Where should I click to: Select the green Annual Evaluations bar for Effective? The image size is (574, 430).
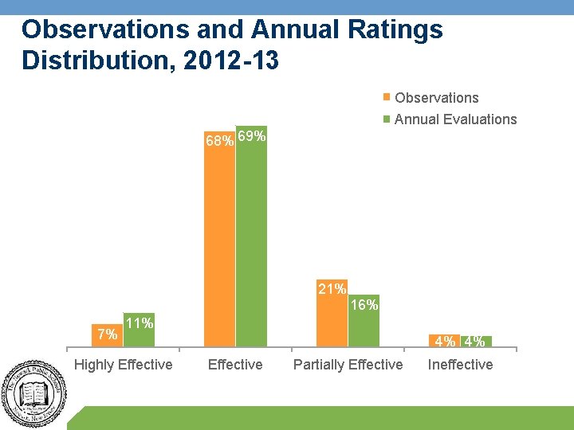251,239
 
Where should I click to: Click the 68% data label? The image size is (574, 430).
219,141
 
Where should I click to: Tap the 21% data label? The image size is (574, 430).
332,289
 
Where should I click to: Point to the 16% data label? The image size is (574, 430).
364,305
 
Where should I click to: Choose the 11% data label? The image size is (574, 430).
140,322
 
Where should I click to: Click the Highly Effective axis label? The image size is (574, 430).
123,365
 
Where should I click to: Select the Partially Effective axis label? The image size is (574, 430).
348,365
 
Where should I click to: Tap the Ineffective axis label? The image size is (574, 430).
461,365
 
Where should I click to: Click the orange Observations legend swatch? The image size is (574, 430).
387,98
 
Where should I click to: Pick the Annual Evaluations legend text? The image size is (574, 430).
455,119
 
